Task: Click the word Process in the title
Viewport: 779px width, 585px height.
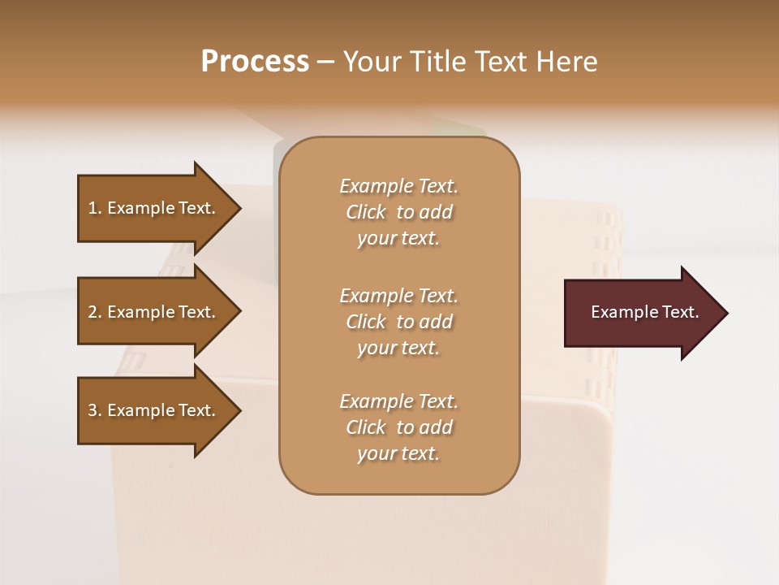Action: (x=255, y=62)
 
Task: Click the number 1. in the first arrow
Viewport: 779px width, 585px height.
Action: (x=95, y=208)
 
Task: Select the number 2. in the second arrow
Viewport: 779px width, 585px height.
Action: (x=95, y=312)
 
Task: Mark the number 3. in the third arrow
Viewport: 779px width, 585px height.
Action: (x=95, y=410)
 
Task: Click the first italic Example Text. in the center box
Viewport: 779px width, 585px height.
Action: (x=398, y=186)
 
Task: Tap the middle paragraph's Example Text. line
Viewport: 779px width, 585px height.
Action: (x=398, y=296)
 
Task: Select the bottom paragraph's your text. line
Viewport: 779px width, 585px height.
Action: (x=398, y=453)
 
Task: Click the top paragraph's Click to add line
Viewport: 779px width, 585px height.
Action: (x=398, y=212)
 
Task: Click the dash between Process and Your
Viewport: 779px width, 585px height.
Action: (x=325, y=62)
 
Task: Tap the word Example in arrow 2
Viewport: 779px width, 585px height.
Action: (x=140, y=312)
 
